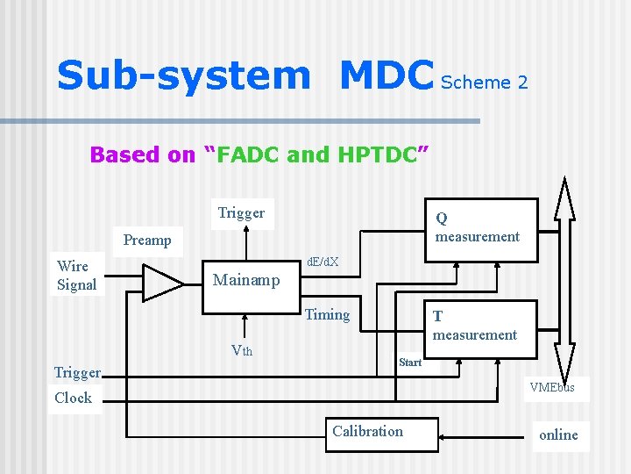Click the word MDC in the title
pos(386,76)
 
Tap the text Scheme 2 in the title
pos(484,83)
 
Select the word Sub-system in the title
pos(183,76)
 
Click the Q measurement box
pos(479,227)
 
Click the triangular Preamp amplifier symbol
pos(161,282)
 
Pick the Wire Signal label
pos(75,276)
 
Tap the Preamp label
pos(147,241)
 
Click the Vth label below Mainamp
pos(241,351)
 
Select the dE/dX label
pos(323,262)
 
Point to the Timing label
pos(327,315)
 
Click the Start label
pos(409,363)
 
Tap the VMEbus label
pos(552,387)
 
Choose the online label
pos(558,434)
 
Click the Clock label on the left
pos(73,398)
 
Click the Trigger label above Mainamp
pos(241,213)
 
